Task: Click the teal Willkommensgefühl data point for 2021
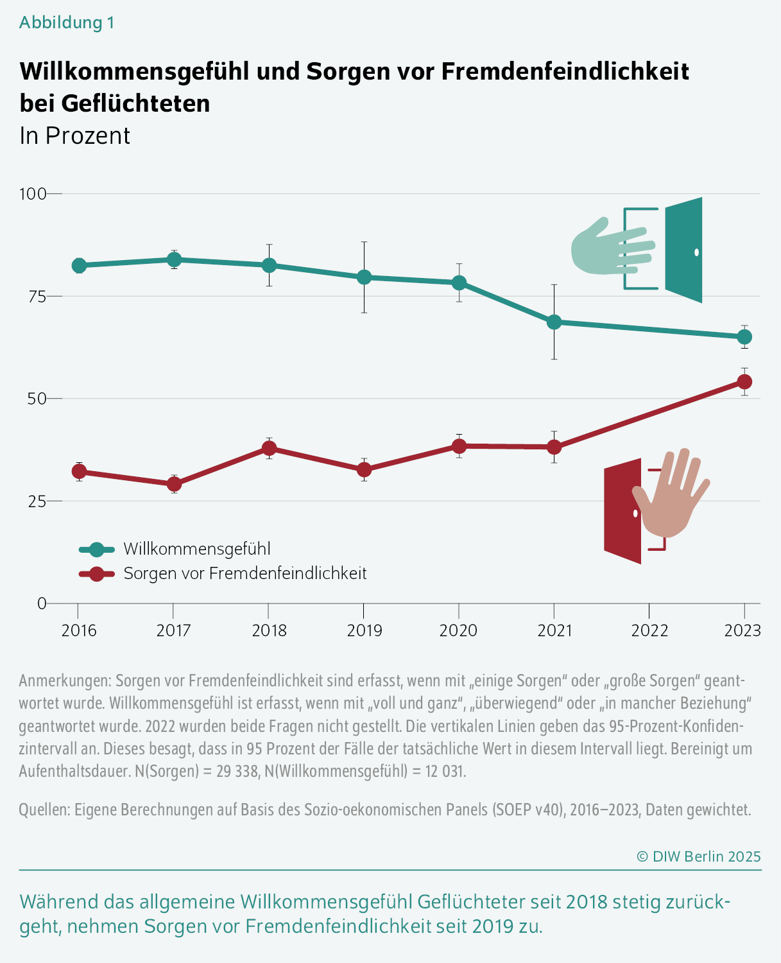pos(554,322)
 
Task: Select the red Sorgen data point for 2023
pos(744,382)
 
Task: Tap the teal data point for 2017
pos(174,259)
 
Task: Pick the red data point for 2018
pos(269,448)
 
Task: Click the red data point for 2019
pos(364,470)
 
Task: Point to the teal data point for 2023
pos(744,337)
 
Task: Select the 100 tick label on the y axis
pos(33,193)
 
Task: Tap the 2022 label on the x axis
pos(649,630)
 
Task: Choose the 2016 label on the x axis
pos(79,630)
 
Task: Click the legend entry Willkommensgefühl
pos(196,549)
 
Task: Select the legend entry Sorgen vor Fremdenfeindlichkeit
pos(245,573)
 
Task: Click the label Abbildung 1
pos(67,22)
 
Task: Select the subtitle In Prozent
pos(75,136)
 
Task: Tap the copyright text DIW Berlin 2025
pos(698,856)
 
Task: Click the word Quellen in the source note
pos(44,810)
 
